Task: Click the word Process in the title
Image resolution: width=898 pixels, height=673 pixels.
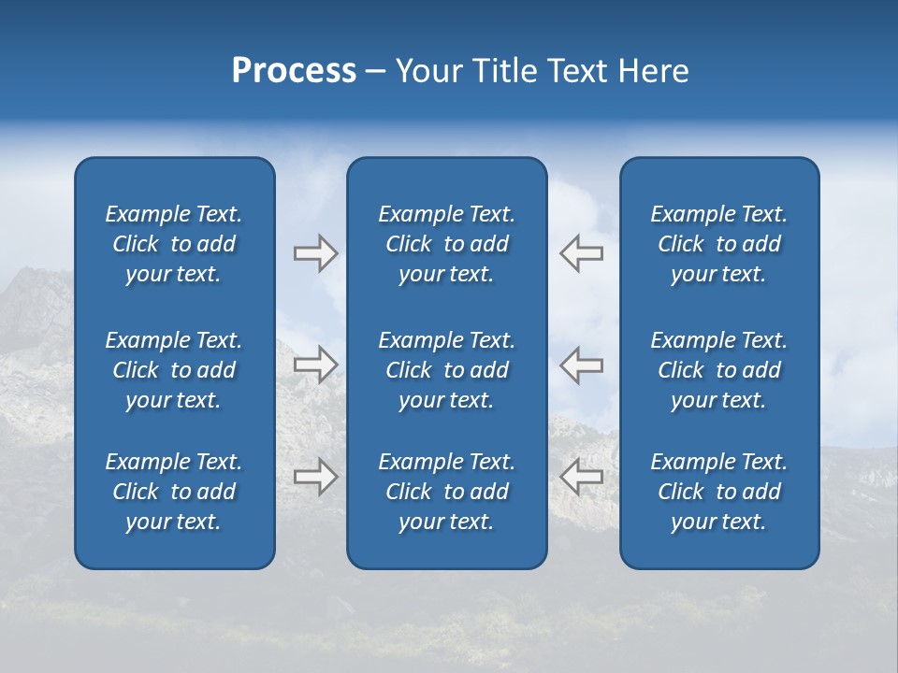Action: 294,71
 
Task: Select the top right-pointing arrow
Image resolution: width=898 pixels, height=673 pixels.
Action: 315,253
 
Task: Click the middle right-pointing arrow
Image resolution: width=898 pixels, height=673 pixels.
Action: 315,365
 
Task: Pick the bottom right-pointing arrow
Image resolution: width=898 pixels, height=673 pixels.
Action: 315,477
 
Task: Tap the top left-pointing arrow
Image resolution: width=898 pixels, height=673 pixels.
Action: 582,253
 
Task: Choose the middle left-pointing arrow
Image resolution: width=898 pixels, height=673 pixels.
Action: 582,365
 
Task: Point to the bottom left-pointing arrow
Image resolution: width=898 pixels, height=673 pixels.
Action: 582,477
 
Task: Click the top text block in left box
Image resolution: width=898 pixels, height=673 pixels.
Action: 174,244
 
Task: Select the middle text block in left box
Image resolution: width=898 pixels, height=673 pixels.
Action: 174,370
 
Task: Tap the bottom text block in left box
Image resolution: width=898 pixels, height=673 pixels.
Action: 174,492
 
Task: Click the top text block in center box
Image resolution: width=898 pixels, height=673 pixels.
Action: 446,244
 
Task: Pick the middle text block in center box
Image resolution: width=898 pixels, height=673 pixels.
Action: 446,370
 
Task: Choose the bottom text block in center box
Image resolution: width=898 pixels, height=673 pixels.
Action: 446,492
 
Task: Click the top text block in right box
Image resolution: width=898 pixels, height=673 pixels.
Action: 718,244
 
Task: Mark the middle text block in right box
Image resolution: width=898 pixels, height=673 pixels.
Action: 718,370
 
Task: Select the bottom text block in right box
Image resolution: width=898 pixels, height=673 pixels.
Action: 718,492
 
